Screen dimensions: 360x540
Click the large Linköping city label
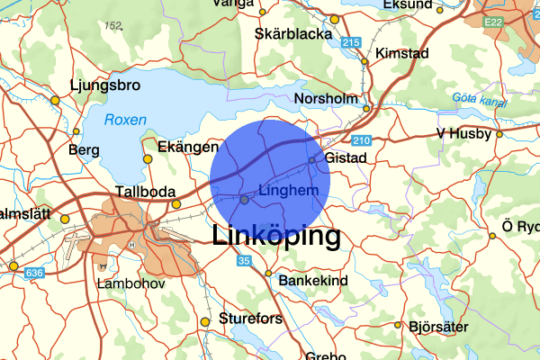point(276,237)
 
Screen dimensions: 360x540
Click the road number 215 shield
point(352,42)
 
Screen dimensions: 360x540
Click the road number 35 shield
point(244,261)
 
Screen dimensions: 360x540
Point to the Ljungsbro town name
point(105,87)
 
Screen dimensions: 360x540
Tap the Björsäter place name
point(438,327)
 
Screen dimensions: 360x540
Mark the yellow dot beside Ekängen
point(148,159)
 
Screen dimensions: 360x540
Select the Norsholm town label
point(326,98)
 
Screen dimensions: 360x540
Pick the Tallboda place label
point(143,192)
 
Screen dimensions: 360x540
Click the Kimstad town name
point(402,52)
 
